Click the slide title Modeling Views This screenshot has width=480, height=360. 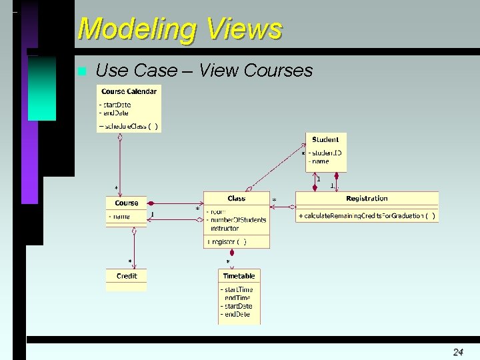coord(179,29)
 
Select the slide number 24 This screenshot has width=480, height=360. coord(458,351)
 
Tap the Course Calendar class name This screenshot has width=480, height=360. coord(129,91)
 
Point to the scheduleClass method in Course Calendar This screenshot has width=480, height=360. coord(129,126)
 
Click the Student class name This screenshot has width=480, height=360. coord(325,140)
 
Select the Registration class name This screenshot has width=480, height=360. coord(367,199)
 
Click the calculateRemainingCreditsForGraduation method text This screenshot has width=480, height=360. coord(367,216)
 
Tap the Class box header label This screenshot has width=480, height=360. coord(237,199)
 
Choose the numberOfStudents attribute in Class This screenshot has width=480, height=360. coord(238,220)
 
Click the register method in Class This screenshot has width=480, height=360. coord(227,241)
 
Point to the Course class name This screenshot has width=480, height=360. coord(127,203)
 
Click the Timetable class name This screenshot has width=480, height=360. coord(239,276)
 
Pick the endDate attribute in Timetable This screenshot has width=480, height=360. coord(237,314)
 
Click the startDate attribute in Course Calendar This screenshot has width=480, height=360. coord(116,105)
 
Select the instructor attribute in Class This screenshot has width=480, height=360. coord(225,228)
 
